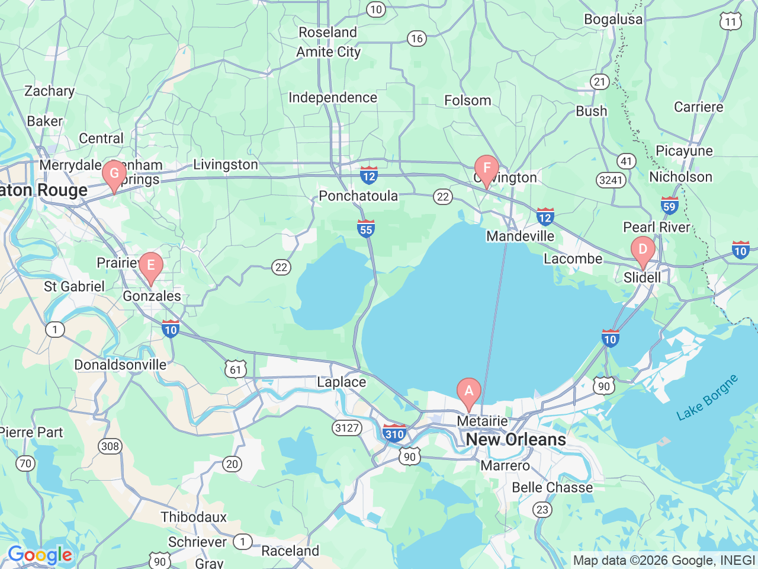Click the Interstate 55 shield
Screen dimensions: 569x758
coord(366,229)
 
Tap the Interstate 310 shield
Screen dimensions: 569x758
coord(394,433)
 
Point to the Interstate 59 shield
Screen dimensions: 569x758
coord(669,206)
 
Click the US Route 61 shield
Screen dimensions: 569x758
coord(236,370)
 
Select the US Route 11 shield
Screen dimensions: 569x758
coord(731,22)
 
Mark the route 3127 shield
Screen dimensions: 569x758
coord(347,427)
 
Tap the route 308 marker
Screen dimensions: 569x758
coord(110,446)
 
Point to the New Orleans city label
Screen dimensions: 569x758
coord(516,439)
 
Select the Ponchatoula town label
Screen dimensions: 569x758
coord(358,196)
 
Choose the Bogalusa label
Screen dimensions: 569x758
coord(613,19)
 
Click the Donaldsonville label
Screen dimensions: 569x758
coord(120,365)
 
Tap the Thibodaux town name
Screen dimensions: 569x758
coord(194,517)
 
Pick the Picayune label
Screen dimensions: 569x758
coord(684,151)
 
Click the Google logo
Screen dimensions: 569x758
coord(40,555)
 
